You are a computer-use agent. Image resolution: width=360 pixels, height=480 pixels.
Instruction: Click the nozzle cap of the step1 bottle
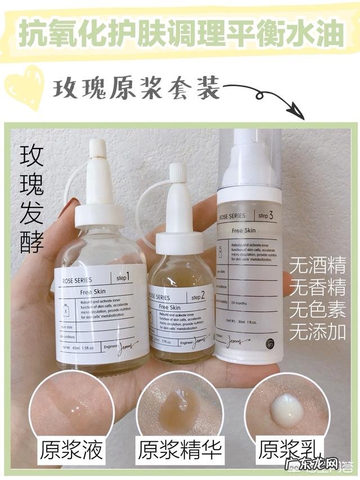97,149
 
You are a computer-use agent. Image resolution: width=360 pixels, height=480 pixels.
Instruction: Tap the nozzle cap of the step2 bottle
178,173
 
